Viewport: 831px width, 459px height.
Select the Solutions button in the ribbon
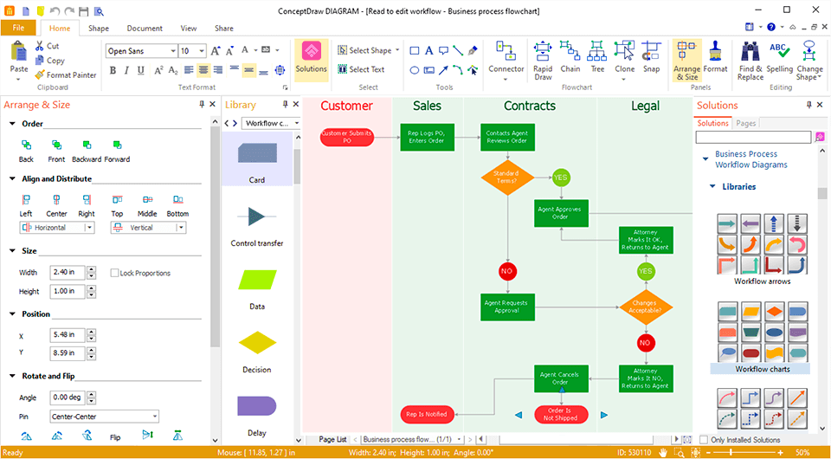point(311,59)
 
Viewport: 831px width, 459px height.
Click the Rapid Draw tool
point(543,60)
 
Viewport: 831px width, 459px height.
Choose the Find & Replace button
point(750,60)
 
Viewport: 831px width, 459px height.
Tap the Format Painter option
point(66,75)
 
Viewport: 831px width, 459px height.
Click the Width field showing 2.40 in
point(67,273)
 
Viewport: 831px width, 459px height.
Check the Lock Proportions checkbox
point(114,273)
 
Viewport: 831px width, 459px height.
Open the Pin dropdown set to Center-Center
point(104,417)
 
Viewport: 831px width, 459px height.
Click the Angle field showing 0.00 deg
point(67,398)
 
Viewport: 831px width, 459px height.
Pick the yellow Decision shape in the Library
point(257,343)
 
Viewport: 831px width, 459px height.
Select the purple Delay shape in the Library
point(257,406)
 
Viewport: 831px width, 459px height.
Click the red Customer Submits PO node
point(346,137)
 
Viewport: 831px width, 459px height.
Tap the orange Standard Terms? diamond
point(507,178)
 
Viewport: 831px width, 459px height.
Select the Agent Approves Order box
point(561,213)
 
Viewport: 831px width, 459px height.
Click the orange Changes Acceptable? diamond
point(645,307)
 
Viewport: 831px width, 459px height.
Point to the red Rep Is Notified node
point(427,415)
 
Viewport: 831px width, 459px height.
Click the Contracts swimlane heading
point(529,107)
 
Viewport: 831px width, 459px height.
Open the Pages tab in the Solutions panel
point(745,124)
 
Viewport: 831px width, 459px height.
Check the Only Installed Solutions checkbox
point(704,440)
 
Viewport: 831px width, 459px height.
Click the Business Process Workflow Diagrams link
point(750,159)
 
